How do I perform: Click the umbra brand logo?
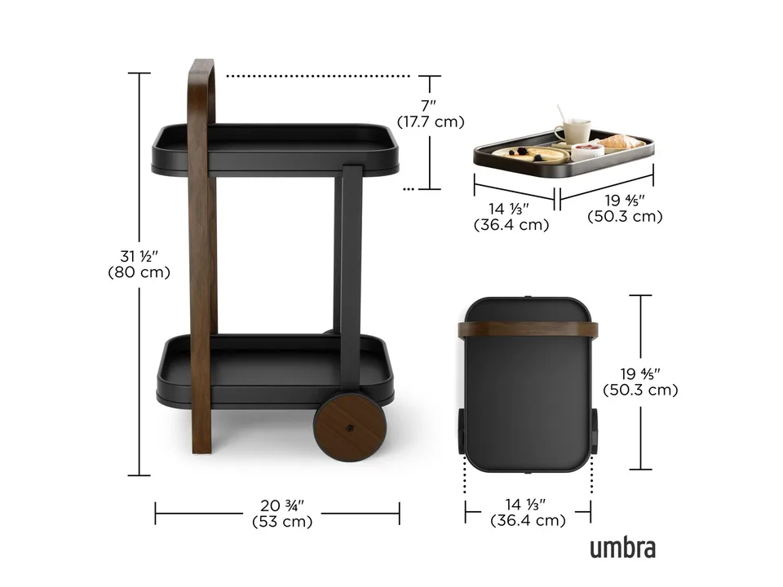[622, 548]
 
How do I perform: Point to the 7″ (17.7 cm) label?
[431, 114]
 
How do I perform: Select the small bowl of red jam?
[587, 152]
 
